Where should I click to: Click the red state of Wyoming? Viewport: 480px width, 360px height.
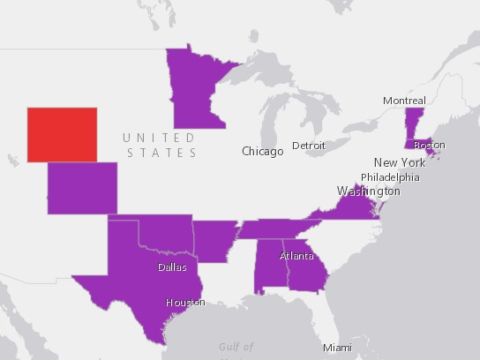click(62, 134)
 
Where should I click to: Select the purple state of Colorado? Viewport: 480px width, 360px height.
click(82, 187)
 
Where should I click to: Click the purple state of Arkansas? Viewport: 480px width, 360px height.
click(215, 239)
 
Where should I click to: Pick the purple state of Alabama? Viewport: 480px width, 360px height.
click(268, 266)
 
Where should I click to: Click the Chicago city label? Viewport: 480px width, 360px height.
click(263, 151)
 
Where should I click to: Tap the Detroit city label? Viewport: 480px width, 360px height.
click(309, 145)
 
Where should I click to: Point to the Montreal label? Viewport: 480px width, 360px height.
click(404, 101)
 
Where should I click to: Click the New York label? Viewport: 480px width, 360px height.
click(400, 162)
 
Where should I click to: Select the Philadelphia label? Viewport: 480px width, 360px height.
click(390, 176)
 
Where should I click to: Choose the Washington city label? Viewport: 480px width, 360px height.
click(368, 191)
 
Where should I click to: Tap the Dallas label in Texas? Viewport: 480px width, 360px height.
click(172, 266)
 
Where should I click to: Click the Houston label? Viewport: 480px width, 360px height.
click(185, 302)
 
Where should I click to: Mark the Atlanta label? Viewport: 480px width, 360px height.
click(296, 256)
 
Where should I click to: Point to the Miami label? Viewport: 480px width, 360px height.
click(336, 348)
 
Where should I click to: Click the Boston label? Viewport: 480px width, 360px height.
click(430, 145)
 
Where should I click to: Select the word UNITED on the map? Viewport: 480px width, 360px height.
click(159, 138)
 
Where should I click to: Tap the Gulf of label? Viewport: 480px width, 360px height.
click(236, 347)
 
